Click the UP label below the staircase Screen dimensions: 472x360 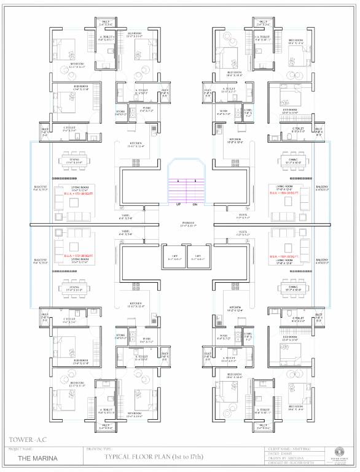click(178, 204)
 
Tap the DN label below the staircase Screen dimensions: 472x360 click(195, 204)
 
